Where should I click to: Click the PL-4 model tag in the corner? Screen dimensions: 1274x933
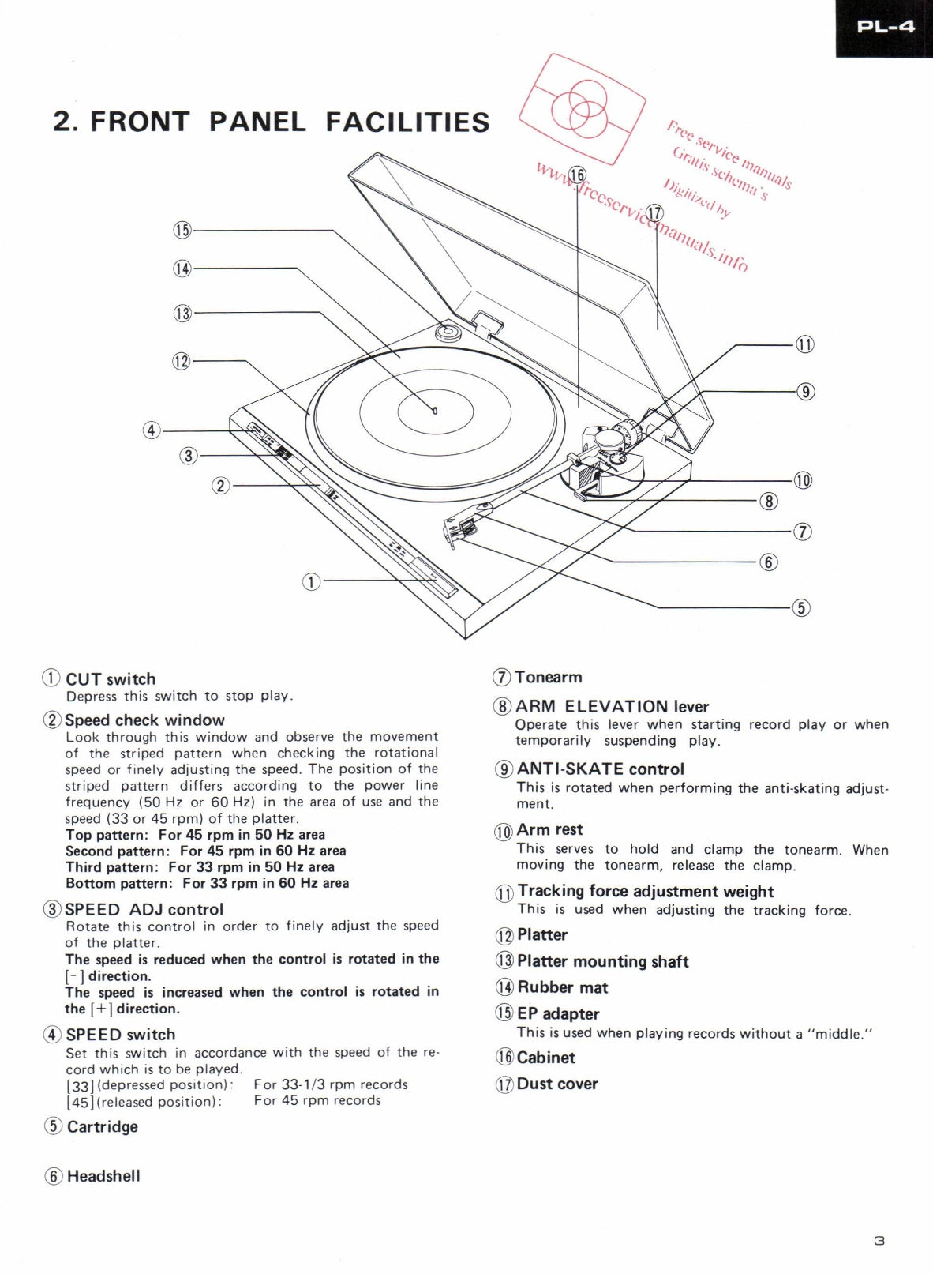click(x=885, y=27)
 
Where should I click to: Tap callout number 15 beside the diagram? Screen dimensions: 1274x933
click(x=182, y=230)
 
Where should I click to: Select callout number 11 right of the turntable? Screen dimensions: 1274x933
click(x=804, y=344)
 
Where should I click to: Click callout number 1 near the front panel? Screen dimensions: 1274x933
click(x=312, y=582)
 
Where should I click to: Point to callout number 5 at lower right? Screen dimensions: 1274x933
click(x=801, y=607)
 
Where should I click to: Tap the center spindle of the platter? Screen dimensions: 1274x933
click(x=435, y=410)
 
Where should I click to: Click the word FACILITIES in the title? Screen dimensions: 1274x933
click(x=407, y=122)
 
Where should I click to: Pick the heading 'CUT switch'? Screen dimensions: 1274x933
click(x=111, y=679)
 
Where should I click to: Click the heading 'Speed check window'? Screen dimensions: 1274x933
click(x=144, y=720)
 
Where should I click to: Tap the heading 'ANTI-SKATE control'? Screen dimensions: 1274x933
click(x=600, y=769)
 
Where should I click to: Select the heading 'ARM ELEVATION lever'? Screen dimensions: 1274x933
click(x=612, y=707)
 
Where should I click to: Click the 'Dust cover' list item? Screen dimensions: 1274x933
click(x=556, y=1084)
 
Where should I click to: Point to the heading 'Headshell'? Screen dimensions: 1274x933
click(x=103, y=1176)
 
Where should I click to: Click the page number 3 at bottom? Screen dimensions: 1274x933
click(x=879, y=1241)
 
